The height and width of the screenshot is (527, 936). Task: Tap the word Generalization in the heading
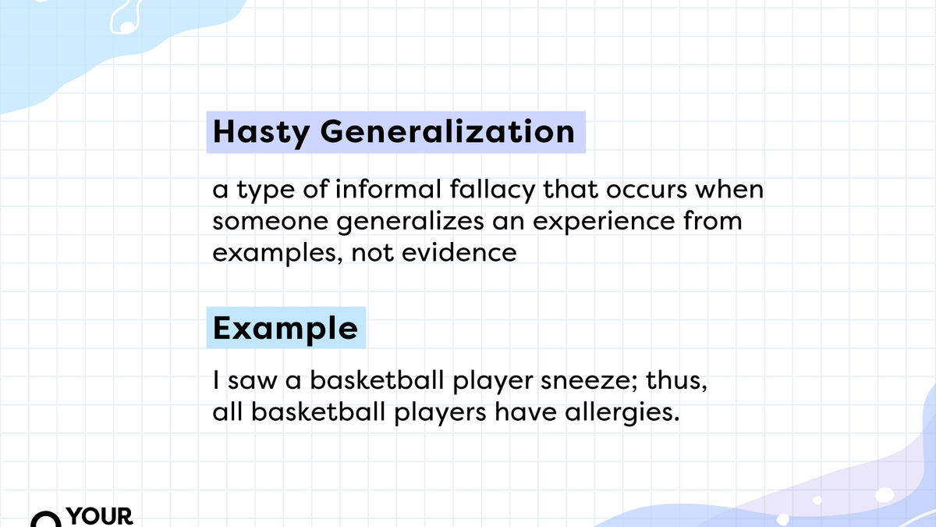tap(447, 132)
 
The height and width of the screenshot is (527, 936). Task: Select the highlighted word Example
tap(285, 328)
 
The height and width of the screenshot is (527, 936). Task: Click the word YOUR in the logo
tap(101, 517)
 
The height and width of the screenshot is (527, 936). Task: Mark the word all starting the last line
tap(226, 413)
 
